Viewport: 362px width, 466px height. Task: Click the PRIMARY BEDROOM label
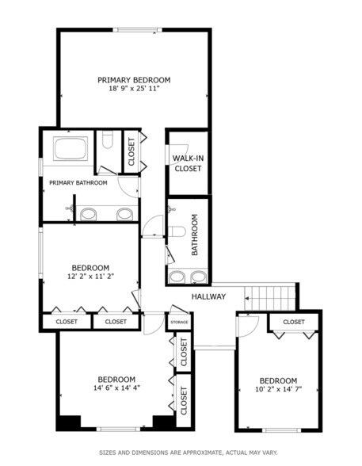[x=134, y=80]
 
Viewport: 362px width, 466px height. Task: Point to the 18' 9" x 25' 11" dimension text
[x=134, y=89]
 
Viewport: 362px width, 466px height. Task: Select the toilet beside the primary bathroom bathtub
[x=109, y=146]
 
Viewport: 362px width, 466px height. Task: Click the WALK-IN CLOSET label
[x=188, y=163]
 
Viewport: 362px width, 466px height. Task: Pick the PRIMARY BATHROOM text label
[x=78, y=184]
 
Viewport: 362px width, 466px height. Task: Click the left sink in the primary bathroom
[x=89, y=213]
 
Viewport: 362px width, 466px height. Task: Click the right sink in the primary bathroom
[x=124, y=213]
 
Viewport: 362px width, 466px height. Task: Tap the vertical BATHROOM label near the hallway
[x=195, y=235]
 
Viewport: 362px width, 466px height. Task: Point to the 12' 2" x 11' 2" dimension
[x=90, y=277]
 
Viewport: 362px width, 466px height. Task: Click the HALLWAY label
[x=208, y=297]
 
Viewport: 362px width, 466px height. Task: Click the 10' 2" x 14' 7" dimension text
[x=279, y=389]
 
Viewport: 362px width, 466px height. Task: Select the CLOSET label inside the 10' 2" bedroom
[x=294, y=322]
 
